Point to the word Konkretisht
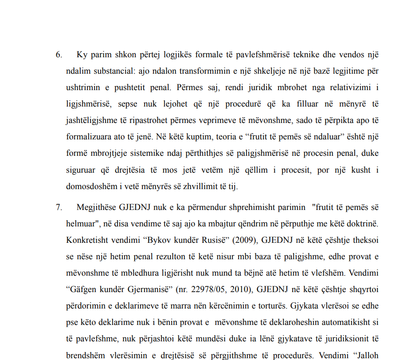[x=87, y=240]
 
